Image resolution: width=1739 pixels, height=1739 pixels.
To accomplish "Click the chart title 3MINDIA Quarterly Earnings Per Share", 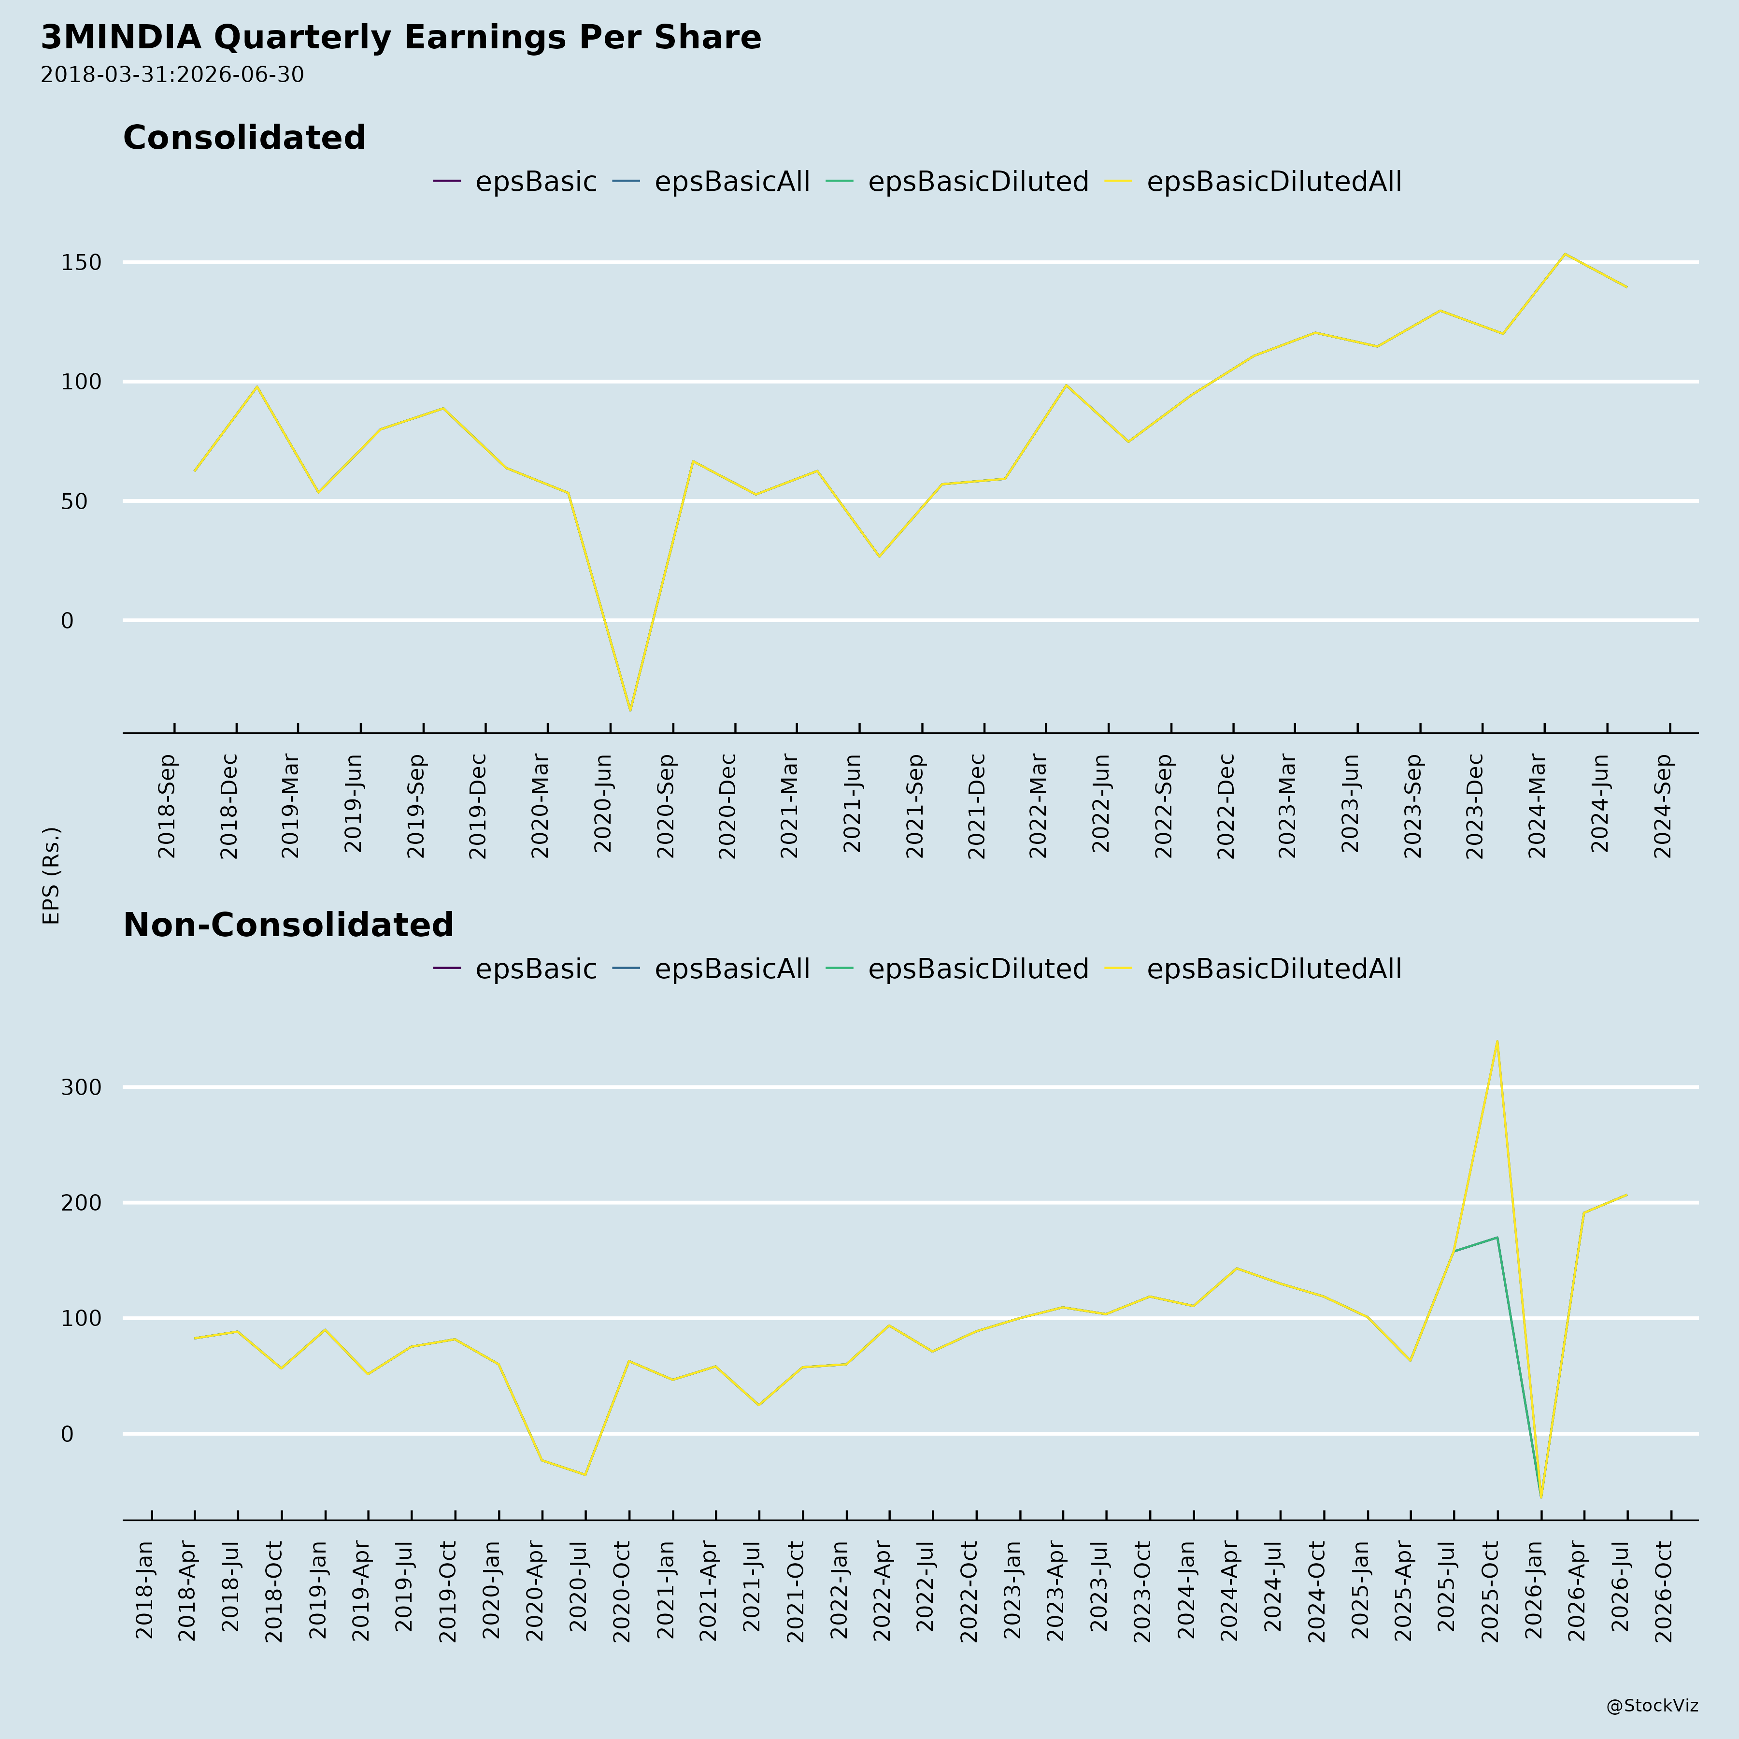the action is tap(400, 38).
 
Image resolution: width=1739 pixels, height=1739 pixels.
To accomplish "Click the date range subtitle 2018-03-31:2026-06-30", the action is tap(172, 75).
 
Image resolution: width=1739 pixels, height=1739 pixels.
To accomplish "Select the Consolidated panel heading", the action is tap(244, 138).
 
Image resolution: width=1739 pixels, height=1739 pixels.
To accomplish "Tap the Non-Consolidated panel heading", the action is tap(288, 926).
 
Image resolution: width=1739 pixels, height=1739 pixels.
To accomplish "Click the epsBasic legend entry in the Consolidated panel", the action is tap(515, 182).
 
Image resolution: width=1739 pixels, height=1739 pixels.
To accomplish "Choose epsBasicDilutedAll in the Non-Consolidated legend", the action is tap(1253, 969).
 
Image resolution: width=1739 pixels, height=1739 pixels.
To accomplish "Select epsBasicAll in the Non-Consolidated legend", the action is tap(711, 969).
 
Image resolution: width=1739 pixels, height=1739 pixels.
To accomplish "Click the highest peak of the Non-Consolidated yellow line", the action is tap(1497, 1041).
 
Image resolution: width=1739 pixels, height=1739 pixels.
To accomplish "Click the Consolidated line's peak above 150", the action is tap(1565, 254).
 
